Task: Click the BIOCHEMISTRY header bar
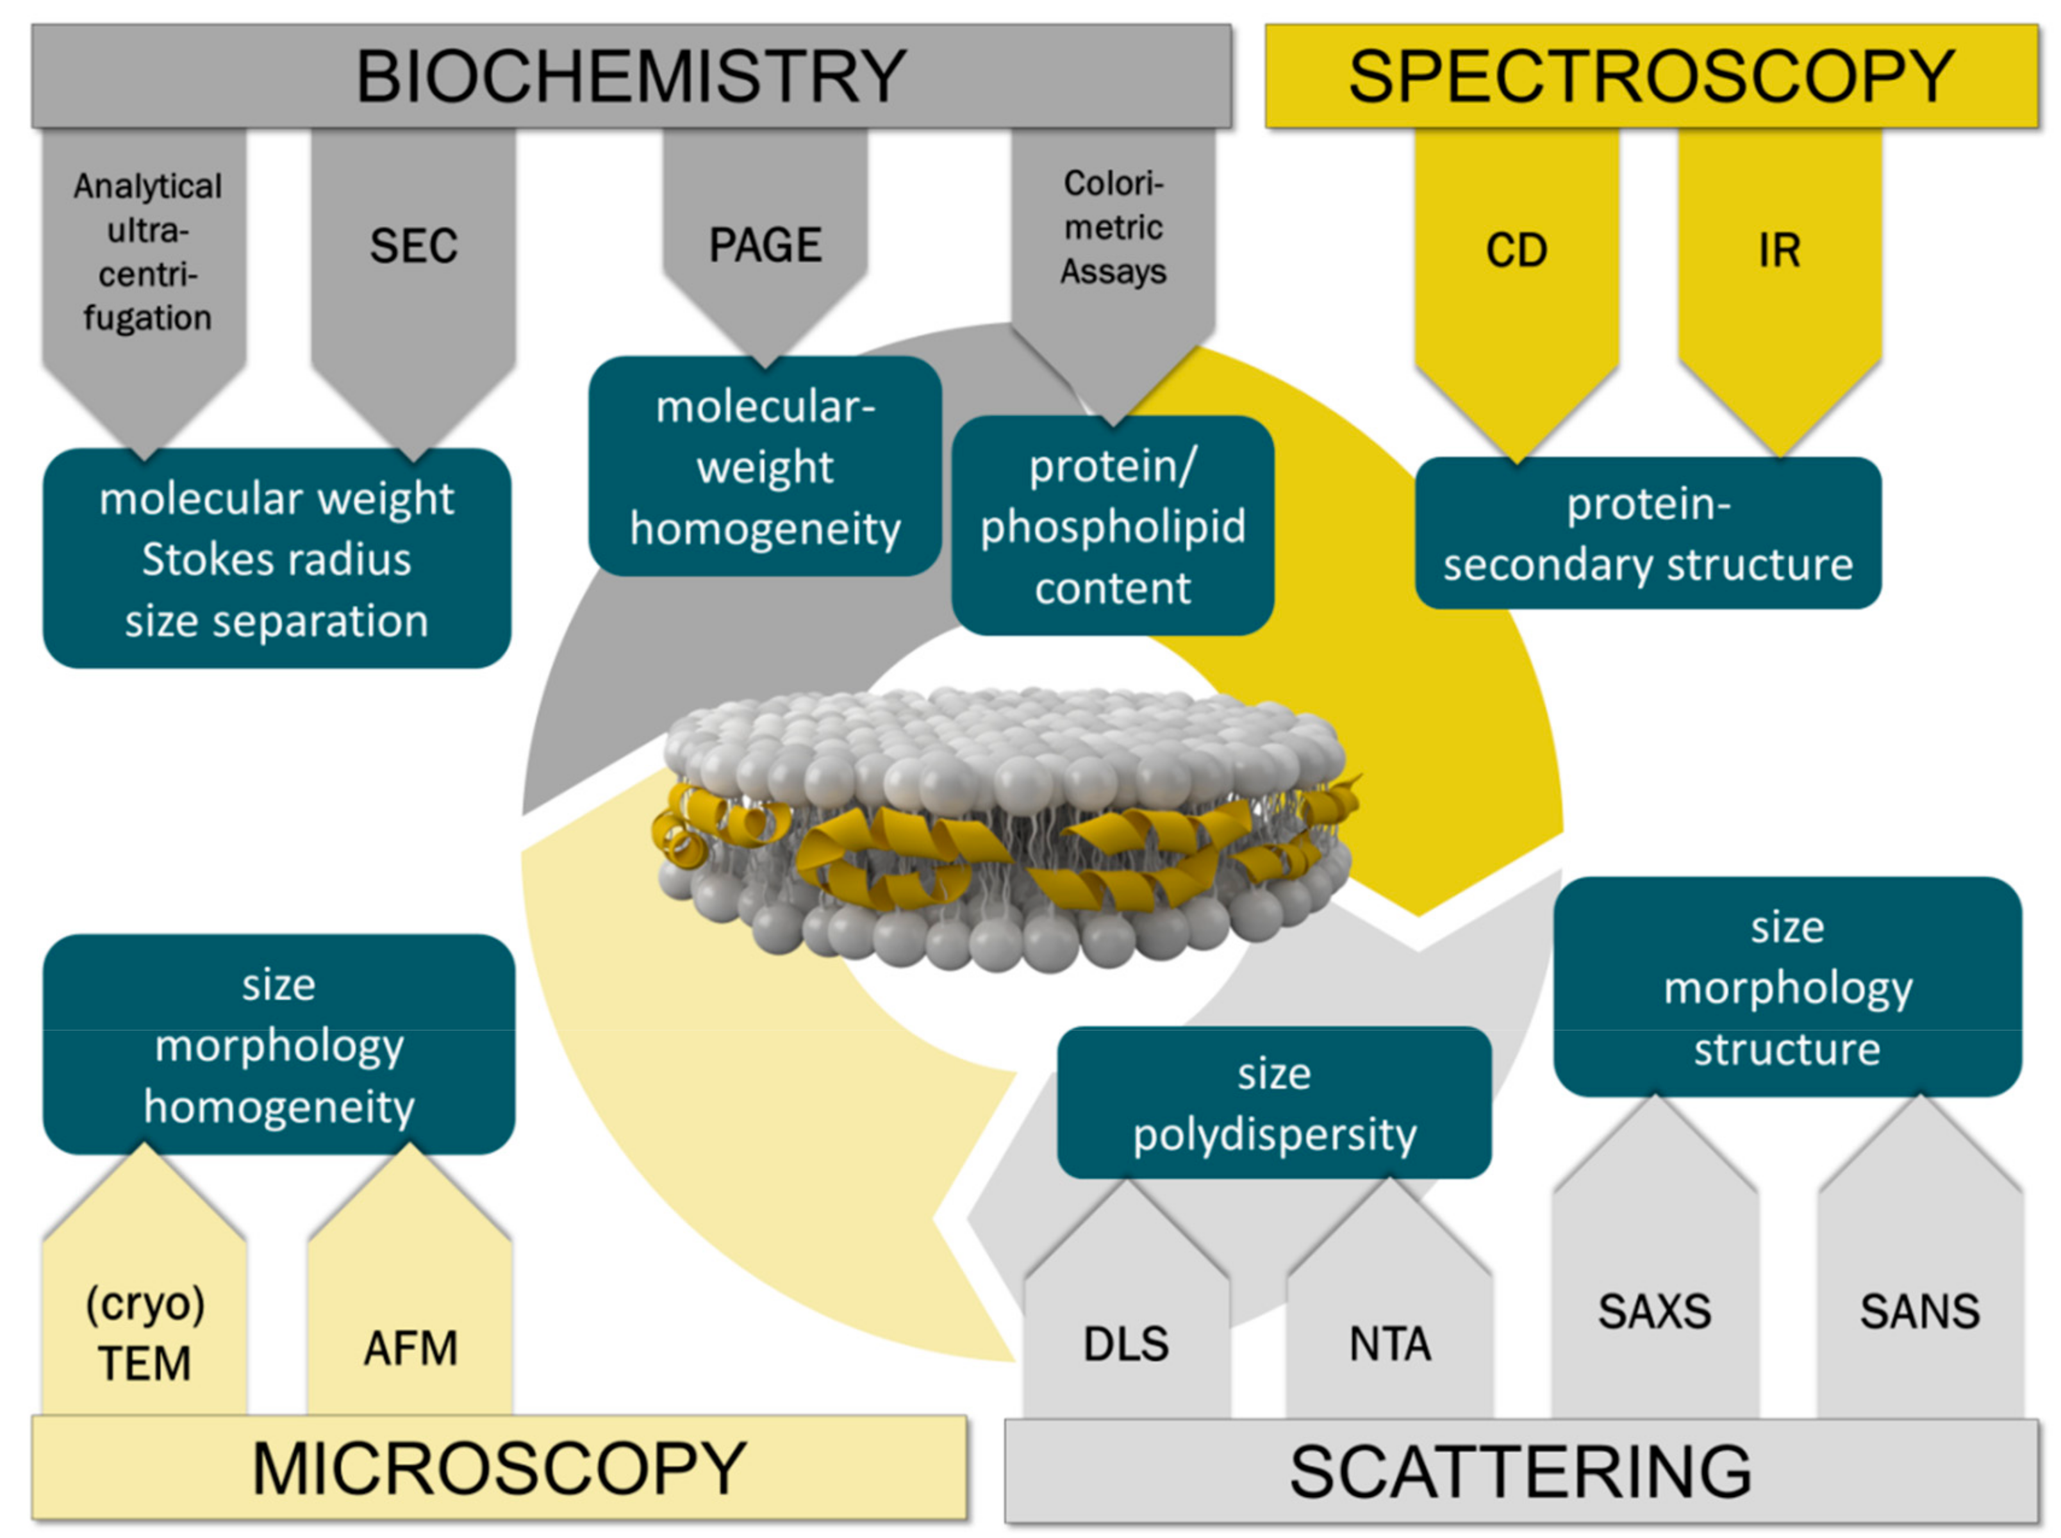631,76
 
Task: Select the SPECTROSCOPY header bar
1650,76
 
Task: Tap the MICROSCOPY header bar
499,1469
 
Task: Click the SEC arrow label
413,247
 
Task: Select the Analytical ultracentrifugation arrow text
147,251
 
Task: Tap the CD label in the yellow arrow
1516,251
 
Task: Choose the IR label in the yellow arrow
1779,251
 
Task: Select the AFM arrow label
411,1348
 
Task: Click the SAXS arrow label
1654,1312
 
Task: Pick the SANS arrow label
1919,1312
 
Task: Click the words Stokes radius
276,559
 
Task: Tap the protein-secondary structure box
1648,533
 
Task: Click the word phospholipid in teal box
1113,527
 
